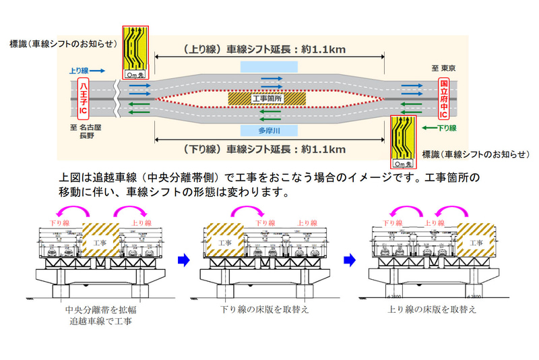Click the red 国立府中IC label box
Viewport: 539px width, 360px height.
coord(444,98)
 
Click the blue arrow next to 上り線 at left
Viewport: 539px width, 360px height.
coord(96,69)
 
